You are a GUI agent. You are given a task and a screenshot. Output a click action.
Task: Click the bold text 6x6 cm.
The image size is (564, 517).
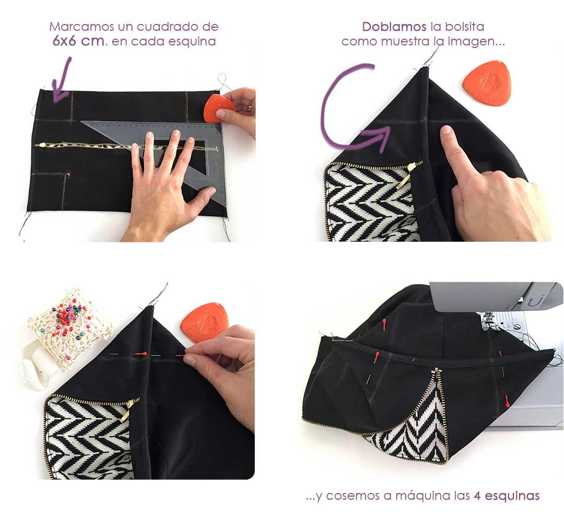(79, 41)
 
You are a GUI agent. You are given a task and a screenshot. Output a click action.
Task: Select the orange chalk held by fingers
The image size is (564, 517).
(217, 108)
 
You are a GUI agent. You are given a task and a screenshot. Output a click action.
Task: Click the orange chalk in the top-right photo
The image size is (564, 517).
(486, 83)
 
